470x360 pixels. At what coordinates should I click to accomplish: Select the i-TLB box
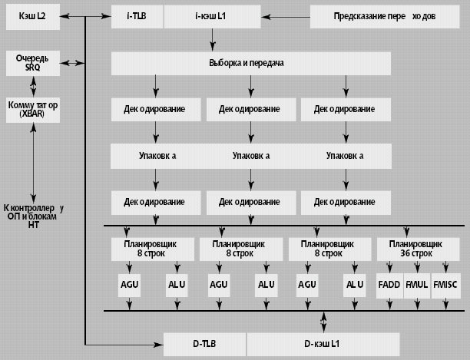tap(137, 15)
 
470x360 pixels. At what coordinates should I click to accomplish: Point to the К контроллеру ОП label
tap(33, 216)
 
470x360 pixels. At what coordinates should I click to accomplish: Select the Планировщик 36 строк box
tap(416, 247)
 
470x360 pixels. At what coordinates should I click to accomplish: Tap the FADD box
tap(389, 284)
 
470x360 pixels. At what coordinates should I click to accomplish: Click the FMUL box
tap(416, 284)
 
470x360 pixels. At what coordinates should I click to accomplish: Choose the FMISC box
tap(445, 284)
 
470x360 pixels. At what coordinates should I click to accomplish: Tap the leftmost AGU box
tap(130, 284)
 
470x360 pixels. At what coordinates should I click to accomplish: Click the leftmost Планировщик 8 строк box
tap(155, 247)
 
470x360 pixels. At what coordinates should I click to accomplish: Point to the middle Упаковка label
tap(250, 156)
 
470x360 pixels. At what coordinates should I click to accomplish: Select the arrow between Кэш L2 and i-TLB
tap(81, 15)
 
